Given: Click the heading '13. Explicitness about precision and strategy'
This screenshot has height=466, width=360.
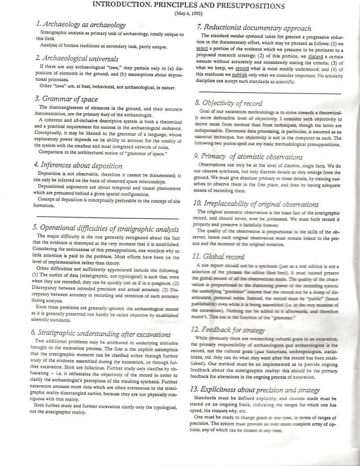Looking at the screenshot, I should tap(260, 389).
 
